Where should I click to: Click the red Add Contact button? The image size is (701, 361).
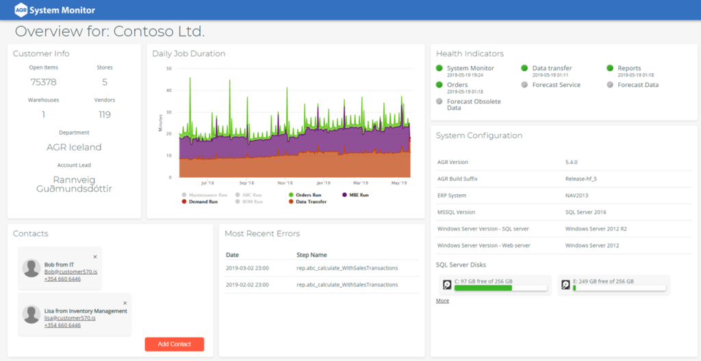pyautogui.click(x=174, y=344)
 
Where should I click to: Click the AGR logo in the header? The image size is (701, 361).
pyautogui.click(x=21, y=10)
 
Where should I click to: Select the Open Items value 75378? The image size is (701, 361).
pyautogui.click(x=43, y=82)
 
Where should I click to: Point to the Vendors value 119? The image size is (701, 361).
pyautogui.click(x=104, y=115)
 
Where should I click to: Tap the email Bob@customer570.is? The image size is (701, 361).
pyautogui.click(x=71, y=271)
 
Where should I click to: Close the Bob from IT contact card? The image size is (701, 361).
pyautogui.click(x=95, y=256)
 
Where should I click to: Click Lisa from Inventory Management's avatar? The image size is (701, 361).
pyautogui.click(x=31, y=314)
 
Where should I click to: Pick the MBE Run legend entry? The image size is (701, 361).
pyautogui.click(x=355, y=195)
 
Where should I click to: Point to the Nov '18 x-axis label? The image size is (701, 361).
pyautogui.click(x=285, y=183)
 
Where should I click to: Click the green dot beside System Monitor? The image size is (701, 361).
pyautogui.click(x=439, y=68)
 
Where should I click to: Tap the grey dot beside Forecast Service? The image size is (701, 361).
pyautogui.click(x=524, y=85)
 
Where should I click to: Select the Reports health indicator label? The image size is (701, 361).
pyautogui.click(x=629, y=68)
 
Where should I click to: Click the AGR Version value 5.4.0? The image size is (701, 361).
pyautogui.click(x=572, y=162)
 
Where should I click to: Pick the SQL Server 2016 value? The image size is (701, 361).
pyautogui.click(x=585, y=212)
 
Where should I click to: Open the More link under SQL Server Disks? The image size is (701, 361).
pyautogui.click(x=442, y=301)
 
